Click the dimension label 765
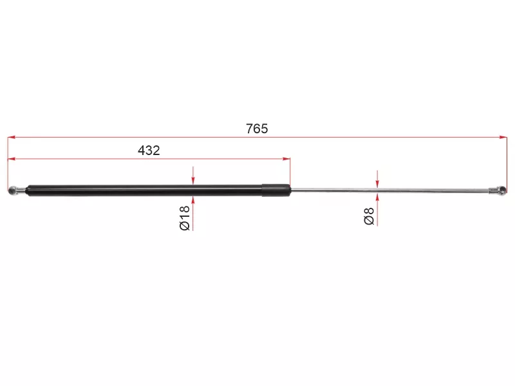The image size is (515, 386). click(x=257, y=128)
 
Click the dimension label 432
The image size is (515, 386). click(x=149, y=150)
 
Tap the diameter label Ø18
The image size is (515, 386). click(x=185, y=218)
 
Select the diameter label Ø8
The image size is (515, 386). click(x=369, y=216)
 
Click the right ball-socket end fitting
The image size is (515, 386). click(x=498, y=190)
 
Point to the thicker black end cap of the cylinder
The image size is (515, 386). click(x=276, y=190)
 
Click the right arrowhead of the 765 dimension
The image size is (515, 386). click(x=503, y=137)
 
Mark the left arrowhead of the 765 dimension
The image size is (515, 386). click(x=12, y=137)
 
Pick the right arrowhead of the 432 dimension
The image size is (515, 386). click(x=286, y=159)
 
